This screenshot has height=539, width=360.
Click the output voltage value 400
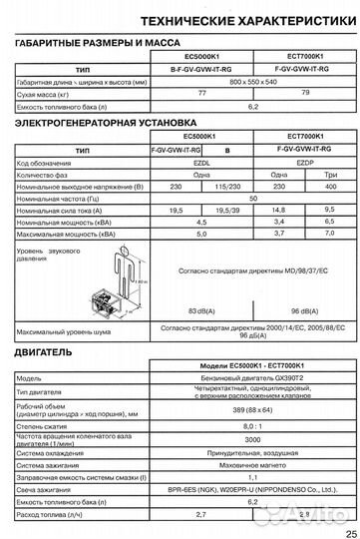coord(324,187)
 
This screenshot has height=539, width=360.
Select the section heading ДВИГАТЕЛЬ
coord(43,354)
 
